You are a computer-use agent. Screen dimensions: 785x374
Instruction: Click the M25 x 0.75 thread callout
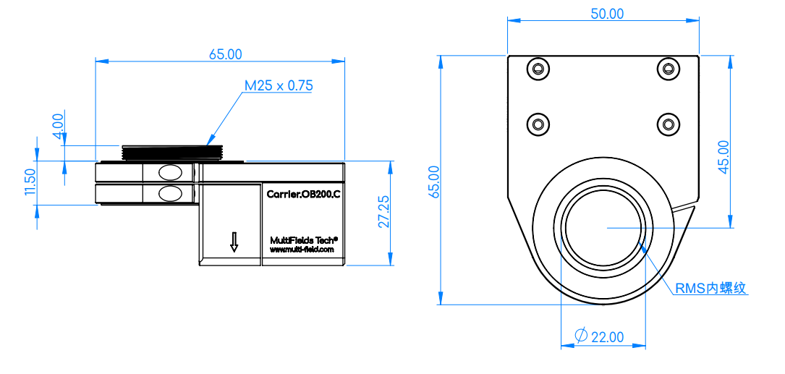pyautogui.click(x=279, y=85)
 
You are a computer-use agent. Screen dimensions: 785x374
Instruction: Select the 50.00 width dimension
pyautogui.click(x=607, y=14)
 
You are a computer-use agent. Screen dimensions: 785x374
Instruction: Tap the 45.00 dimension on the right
pyautogui.click(x=724, y=157)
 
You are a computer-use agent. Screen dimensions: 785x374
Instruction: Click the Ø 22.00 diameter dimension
pyautogui.click(x=600, y=337)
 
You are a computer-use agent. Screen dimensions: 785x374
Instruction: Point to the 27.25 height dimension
pyautogui.click(x=384, y=215)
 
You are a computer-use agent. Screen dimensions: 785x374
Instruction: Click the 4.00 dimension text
pyautogui.click(x=59, y=126)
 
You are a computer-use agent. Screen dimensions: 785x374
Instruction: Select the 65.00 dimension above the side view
pyautogui.click(x=225, y=54)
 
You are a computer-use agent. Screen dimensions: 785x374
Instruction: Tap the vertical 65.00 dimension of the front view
pyautogui.click(x=434, y=182)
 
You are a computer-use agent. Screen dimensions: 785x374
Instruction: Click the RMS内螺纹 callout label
pyautogui.click(x=711, y=289)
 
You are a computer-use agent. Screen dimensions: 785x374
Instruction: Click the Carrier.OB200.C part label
pyautogui.click(x=303, y=195)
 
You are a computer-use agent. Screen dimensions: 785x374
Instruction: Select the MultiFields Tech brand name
pyautogui.click(x=304, y=239)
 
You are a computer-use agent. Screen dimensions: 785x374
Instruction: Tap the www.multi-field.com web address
pyautogui.click(x=302, y=250)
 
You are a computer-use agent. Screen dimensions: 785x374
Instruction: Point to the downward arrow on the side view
pyautogui.click(x=234, y=242)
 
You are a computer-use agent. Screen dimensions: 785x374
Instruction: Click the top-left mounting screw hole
pyautogui.click(x=538, y=69)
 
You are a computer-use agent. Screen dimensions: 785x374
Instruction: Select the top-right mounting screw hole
pyautogui.click(x=668, y=69)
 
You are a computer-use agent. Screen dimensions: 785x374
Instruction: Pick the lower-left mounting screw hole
pyautogui.click(x=538, y=123)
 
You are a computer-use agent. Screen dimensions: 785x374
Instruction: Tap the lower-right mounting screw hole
pyautogui.click(x=668, y=123)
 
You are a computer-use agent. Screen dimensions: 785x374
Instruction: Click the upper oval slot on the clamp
pyautogui.click(x=170, y=173)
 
